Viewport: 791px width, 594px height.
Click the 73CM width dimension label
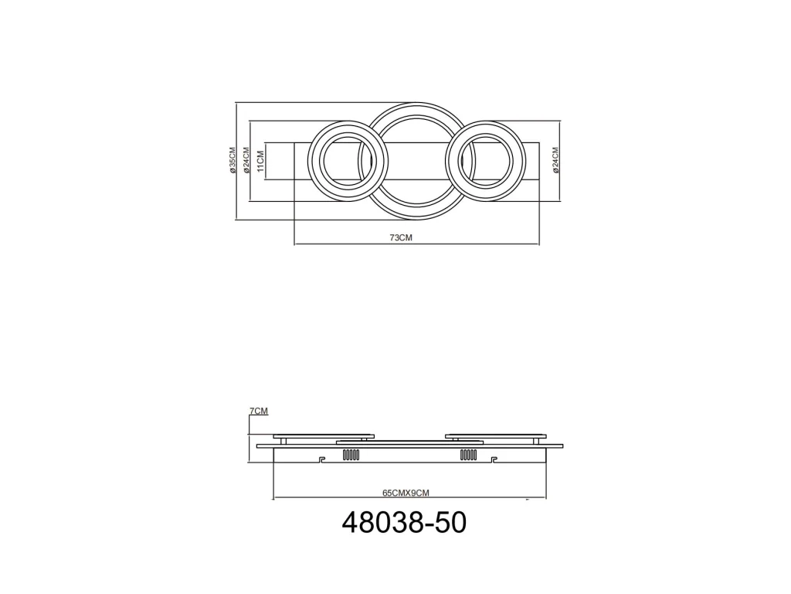401,237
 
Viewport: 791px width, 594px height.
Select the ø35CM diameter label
233,161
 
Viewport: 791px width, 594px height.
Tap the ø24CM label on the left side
246,161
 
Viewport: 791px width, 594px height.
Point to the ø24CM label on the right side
556,161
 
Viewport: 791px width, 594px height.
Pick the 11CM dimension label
261,161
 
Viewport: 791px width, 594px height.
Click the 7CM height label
259,411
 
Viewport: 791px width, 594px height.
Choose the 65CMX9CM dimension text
406,493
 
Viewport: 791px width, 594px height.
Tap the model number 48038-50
405,523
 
